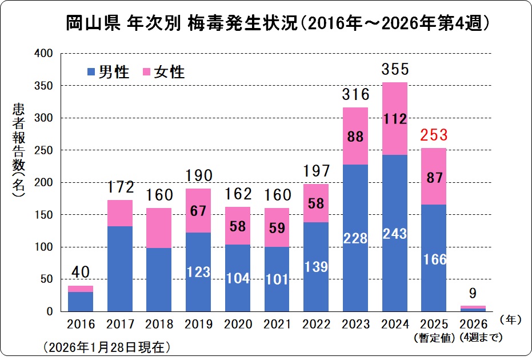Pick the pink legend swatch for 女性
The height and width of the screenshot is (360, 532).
147,72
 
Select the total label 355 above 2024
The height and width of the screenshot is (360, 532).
395,70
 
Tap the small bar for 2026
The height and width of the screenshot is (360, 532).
473,309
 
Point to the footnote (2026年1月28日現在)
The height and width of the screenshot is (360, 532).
106,347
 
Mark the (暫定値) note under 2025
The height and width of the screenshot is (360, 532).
434,338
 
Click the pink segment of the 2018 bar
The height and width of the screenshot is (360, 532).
159,227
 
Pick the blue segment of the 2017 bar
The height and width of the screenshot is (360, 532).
119,269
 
